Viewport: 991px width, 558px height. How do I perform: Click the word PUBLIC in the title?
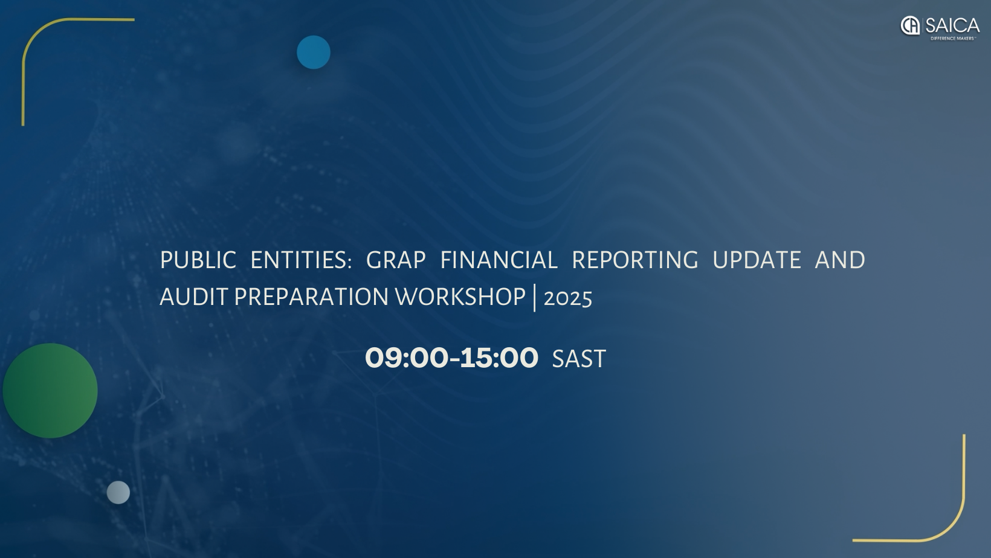pyautogui.click(x=198, y=260)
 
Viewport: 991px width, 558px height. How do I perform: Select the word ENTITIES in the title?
pyautogui.click(x=300, y=260)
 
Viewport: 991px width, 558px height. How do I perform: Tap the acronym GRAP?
pyautogui.click(x=396, y=260)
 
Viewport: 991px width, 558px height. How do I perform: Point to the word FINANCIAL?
pyautogui.click(x=499, y=260)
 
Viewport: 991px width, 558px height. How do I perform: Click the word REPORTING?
pyautogui.click(x=634, y=260)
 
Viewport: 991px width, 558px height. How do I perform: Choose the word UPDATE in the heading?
pyautogui.click(x=757, y=260)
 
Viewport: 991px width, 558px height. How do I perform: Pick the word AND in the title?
pyautogui.click(x=840, y=260)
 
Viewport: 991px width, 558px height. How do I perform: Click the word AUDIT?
pyautogui.click(x=193, y=297)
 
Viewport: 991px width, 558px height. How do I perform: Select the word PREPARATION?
pyautogui.click(x=311, y=297)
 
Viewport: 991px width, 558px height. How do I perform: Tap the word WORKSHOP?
pyautogui.click(x=460, y=297)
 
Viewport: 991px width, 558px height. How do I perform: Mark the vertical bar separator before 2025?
pyautogui.click(x=535, y=297)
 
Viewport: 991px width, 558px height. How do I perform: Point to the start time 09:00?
pyautogui.click(x=406, y=358)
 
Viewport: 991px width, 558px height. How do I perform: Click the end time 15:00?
pyautogui.click(x=499, y=358)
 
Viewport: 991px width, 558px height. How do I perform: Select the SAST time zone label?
pyautogui.click(x=579, y=359)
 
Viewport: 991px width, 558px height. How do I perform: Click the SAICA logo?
pyautogui.click(x=939, y=25)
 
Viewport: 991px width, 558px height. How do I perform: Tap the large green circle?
pyautogui.click(x=50, y=391)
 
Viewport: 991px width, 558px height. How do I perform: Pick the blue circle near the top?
pyautogui.click(x=314, y=52)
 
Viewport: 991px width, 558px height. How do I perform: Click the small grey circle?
pyautogui.click(x=118, y=492)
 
